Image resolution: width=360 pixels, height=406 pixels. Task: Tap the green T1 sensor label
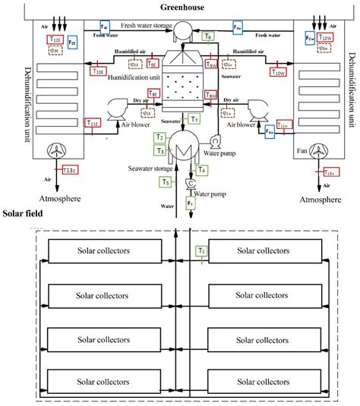(x=201, y=250)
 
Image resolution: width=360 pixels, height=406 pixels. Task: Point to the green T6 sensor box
(x=209, y=36)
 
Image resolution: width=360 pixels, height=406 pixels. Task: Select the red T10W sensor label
(x=279, y=73)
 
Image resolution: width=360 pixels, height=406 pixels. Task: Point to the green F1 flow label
(x=190, y=204)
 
